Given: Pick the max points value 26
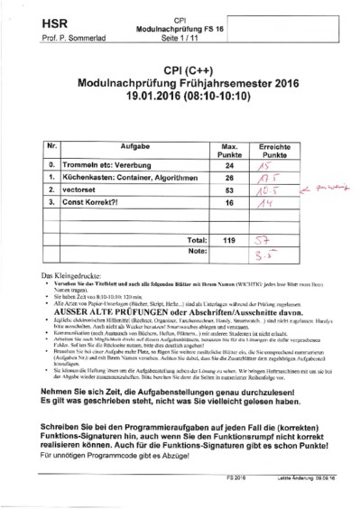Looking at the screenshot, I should (x=229, y=179).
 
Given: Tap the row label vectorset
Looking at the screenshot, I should (x=79, y=191).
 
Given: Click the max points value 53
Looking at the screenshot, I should (x=229, y=191).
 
